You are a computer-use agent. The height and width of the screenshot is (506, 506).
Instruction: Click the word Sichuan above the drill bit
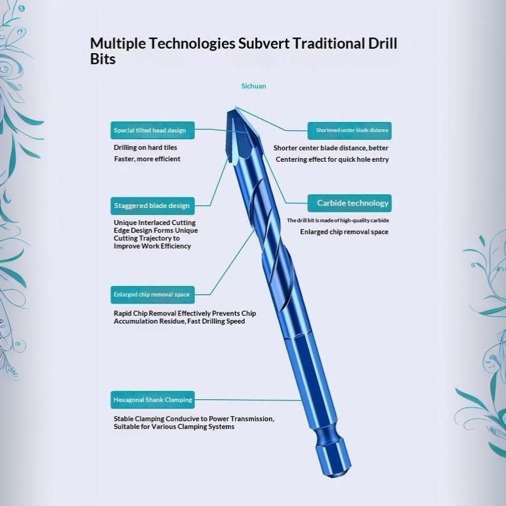point(254,86)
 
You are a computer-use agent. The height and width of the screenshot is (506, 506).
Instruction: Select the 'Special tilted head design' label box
point(152,130)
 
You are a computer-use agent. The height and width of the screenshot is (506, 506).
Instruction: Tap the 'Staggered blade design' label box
point(152,206)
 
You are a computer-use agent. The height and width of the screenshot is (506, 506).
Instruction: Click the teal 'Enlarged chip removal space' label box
point(152,295)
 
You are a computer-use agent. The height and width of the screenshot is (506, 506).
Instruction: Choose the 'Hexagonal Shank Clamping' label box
point(152,400)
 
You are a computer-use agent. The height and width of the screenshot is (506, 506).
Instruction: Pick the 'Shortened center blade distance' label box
point(350,131)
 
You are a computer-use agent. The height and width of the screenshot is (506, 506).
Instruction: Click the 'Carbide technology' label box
point(350,203)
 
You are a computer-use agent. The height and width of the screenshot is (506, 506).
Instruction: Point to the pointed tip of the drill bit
point(235,108)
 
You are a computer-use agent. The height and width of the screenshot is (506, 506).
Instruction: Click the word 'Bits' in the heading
point(102,59)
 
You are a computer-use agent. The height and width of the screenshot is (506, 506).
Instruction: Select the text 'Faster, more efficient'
point(147,159)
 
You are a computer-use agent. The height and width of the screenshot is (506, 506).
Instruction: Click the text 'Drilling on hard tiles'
point(145,147)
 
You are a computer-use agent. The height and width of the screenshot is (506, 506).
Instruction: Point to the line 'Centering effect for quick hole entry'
point(332,159)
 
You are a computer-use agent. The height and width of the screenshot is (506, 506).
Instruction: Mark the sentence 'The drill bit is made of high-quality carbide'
point(338,220)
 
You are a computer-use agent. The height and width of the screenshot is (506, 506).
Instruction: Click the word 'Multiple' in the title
point(118,44)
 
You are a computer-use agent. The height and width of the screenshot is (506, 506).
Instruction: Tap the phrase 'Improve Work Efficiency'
point(152,246)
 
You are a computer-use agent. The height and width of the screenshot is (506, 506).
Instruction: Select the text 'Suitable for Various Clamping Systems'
point(174,426)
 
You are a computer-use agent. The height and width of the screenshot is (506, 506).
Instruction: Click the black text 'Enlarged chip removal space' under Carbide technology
point(344,232)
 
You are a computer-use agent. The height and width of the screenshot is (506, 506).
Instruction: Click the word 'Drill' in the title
point(383,44)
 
